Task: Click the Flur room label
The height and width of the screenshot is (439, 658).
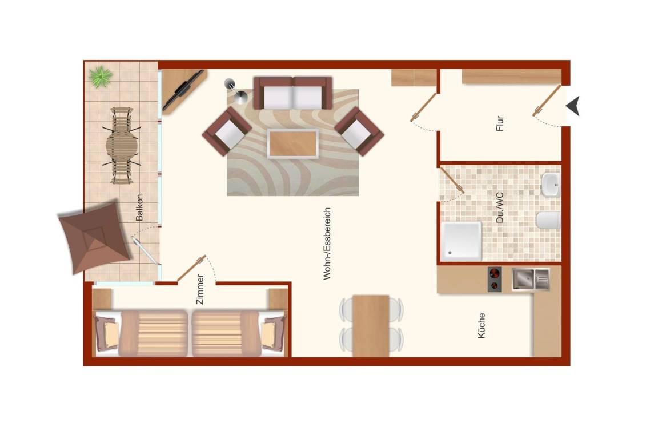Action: [x=499, y=123]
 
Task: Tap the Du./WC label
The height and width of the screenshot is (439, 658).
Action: [x=499, y=207]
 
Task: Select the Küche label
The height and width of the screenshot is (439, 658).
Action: [x=482, y=325]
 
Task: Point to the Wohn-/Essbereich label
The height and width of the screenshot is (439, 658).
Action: [x=327, y=244]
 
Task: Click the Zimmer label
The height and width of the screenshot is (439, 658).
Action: [x=200, y=289]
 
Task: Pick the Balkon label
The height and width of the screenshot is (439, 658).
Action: [x=139, y=207]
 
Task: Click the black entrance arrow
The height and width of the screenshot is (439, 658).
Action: [x=573, y=105]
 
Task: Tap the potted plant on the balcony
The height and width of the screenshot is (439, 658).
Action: [x=101, y=77]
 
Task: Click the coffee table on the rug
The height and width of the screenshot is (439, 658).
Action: [x=293, y=143]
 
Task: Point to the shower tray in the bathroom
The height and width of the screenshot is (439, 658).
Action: [x=461, y=241]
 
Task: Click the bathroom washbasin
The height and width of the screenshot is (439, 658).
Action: [x=551, y=185]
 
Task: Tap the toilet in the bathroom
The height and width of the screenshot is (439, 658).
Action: [x=548, y=220]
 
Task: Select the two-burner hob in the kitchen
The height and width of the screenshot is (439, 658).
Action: [x=495, y=280]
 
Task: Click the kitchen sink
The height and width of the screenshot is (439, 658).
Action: [x=531, y=280]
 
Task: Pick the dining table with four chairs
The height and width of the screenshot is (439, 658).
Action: [x=371, y=326]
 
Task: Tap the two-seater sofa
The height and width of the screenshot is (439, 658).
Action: [x=293, y=93]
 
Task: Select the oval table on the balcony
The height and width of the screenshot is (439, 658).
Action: [x=121, y=146]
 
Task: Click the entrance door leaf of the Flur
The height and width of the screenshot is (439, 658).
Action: [x=547, y=101]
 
